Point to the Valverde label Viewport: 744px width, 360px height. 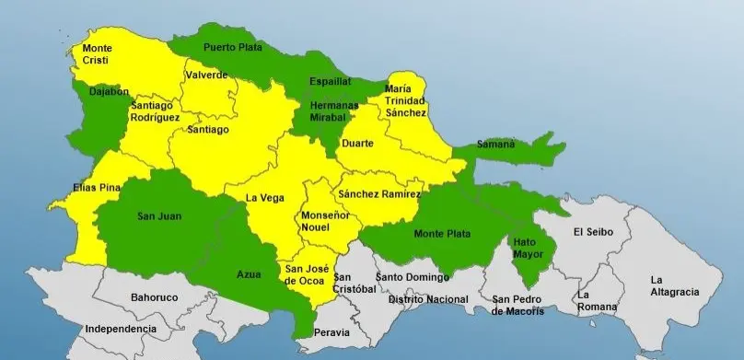(x=205, y=75)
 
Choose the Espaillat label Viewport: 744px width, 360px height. (x=330, y=81)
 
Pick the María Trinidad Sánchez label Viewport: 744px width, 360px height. (x=406, y=99)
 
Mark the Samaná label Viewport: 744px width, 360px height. (x=496, y=145)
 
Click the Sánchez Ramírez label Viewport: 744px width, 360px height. (x=378, y=194)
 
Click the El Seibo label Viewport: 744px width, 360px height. (x=592, y=231)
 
